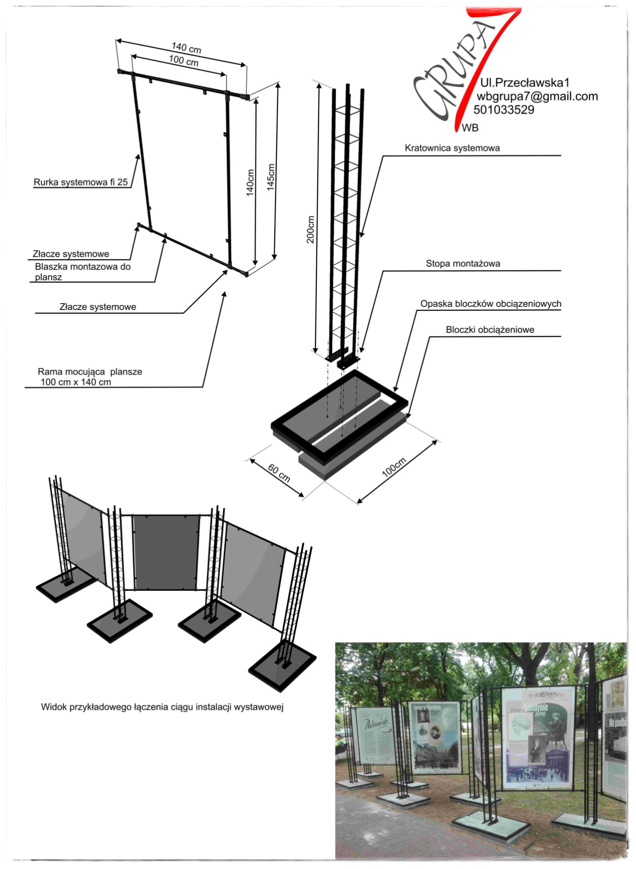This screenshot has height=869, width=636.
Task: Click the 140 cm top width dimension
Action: pos(186,48)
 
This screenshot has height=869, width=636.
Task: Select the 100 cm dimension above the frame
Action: pos(184,61)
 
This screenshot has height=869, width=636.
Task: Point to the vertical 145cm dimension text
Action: pos(271,177)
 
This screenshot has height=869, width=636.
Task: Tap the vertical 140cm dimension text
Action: pos(250,183)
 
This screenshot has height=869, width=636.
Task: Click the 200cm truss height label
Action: pos(310,229)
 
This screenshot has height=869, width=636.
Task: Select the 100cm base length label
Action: pos(394,468)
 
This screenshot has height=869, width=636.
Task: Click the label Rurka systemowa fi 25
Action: pos(80,182)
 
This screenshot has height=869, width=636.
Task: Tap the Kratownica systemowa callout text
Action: pos(452,148)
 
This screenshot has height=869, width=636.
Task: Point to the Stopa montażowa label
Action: pos(463,264)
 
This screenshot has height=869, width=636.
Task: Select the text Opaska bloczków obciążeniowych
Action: pos(491,304)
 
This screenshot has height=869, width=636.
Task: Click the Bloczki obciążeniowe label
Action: pos(490,330)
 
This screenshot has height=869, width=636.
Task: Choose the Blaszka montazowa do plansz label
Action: pos(82,272)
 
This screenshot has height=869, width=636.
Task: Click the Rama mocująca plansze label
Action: pos(89,377)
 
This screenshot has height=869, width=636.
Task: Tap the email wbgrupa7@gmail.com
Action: pos(537,96)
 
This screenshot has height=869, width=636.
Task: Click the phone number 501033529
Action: pos(503,110)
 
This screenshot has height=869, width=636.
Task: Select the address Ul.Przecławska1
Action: pos(525,82)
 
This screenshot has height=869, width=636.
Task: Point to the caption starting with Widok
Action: pos(162,707)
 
